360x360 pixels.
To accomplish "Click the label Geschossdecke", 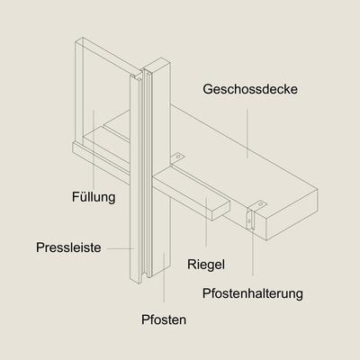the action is [x=250, y=89].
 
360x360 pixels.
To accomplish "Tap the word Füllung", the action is [x=94, y=197].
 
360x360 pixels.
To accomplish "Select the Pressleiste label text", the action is [x=68, y=247].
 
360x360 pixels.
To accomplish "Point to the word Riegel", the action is [x=206, y=265].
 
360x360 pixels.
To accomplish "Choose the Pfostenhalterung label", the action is [x=253, y=293].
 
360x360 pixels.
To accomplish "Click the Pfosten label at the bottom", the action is [x=164, y=319].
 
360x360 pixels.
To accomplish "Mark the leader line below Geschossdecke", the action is [x=247, y=133].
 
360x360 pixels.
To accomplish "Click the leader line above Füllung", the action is [x=94, y=148].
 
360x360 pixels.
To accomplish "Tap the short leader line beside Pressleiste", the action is [x=121, y=248].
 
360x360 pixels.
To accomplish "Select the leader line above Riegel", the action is [x=206, y=222].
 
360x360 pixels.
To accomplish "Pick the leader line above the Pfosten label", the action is [x=164, y=277].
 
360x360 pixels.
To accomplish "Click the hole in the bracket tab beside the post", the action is [x=179, y=157].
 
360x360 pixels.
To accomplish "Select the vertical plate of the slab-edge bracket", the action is [x=250, y=220].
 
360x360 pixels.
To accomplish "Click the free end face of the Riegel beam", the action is [x=220, y=211].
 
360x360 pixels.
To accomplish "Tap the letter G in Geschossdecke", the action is [x=208, y=89].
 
